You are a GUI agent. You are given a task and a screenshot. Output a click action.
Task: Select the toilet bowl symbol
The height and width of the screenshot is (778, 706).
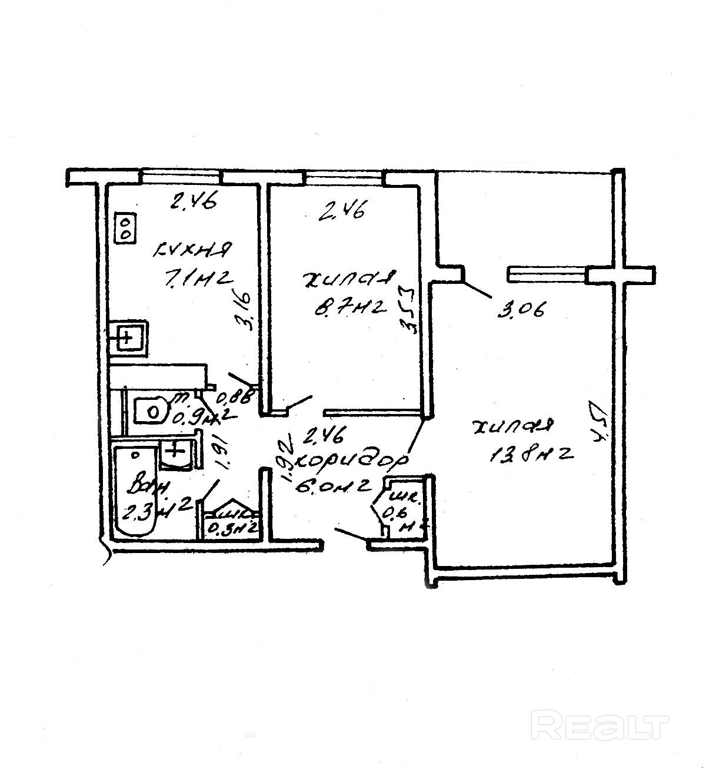(151, 410)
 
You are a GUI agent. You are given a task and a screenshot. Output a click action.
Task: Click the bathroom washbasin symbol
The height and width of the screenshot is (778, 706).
(175, 453)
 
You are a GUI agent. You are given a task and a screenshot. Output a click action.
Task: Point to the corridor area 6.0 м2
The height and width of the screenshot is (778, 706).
(335, 485)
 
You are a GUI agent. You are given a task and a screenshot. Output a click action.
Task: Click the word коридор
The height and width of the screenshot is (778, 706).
(351, 462)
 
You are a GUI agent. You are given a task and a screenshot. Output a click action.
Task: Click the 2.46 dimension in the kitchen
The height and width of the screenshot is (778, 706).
(193, 203)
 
